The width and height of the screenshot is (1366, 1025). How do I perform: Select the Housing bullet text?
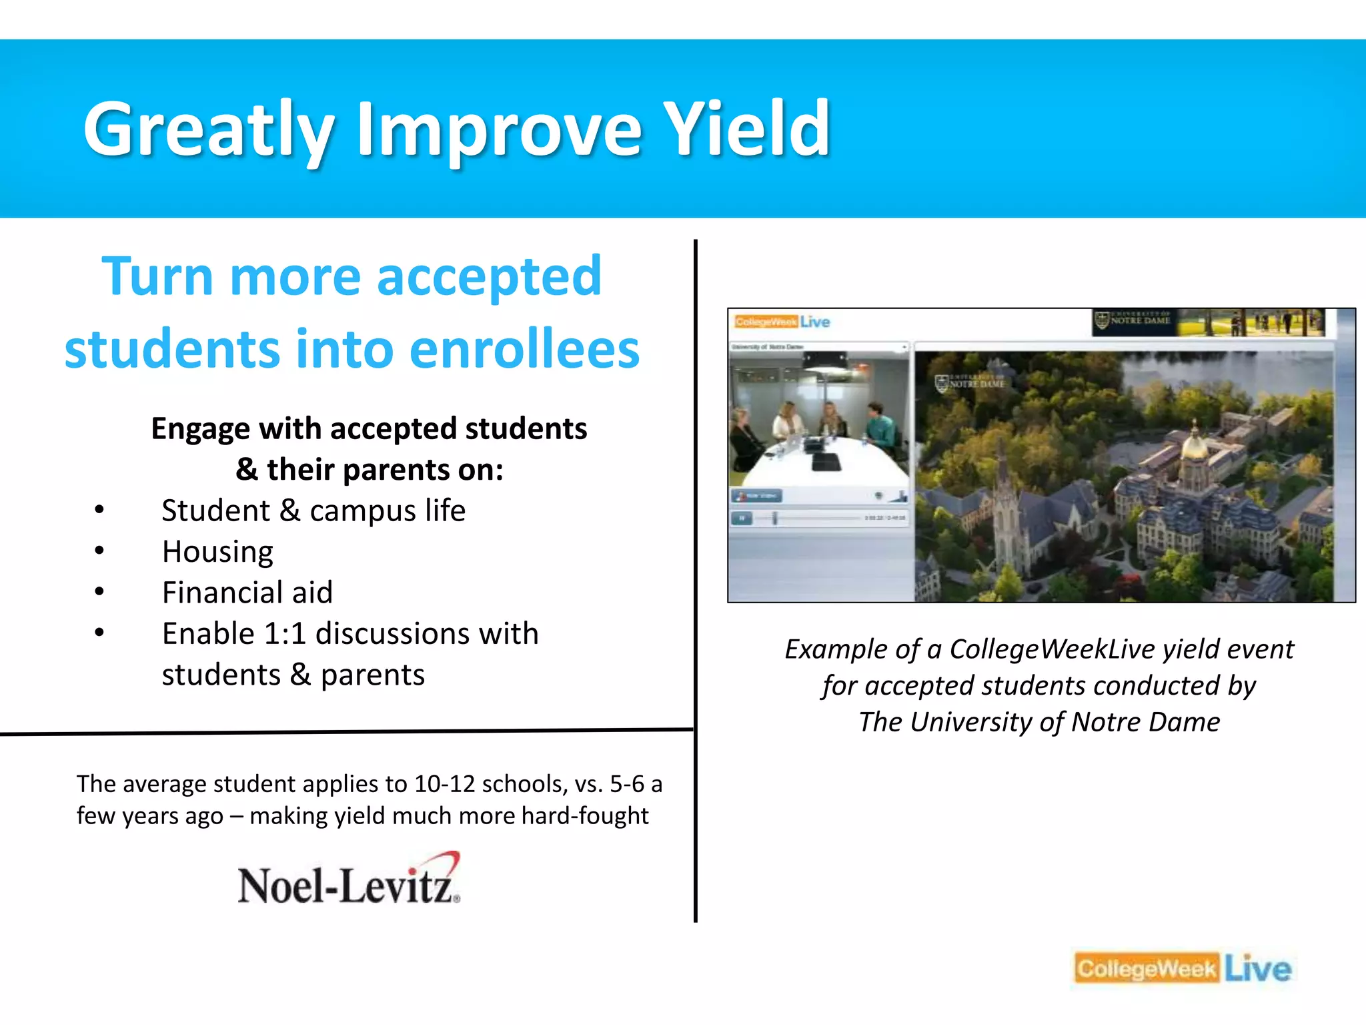click(217, 552)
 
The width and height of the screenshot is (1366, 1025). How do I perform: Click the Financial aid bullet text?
click(247, 593)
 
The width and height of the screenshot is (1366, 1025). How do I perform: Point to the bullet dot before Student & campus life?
click(99, 510)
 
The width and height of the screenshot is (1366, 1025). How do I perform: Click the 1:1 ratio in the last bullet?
click(285, 634)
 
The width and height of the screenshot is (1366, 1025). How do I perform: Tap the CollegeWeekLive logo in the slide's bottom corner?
click(1183, 968)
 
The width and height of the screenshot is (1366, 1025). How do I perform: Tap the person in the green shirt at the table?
click(879, 427)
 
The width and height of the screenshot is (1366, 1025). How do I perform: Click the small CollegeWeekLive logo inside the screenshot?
click(782, 322)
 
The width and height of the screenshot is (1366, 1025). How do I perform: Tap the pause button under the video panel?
click(742, 518)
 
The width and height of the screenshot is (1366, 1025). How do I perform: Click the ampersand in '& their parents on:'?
click(247, 470)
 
